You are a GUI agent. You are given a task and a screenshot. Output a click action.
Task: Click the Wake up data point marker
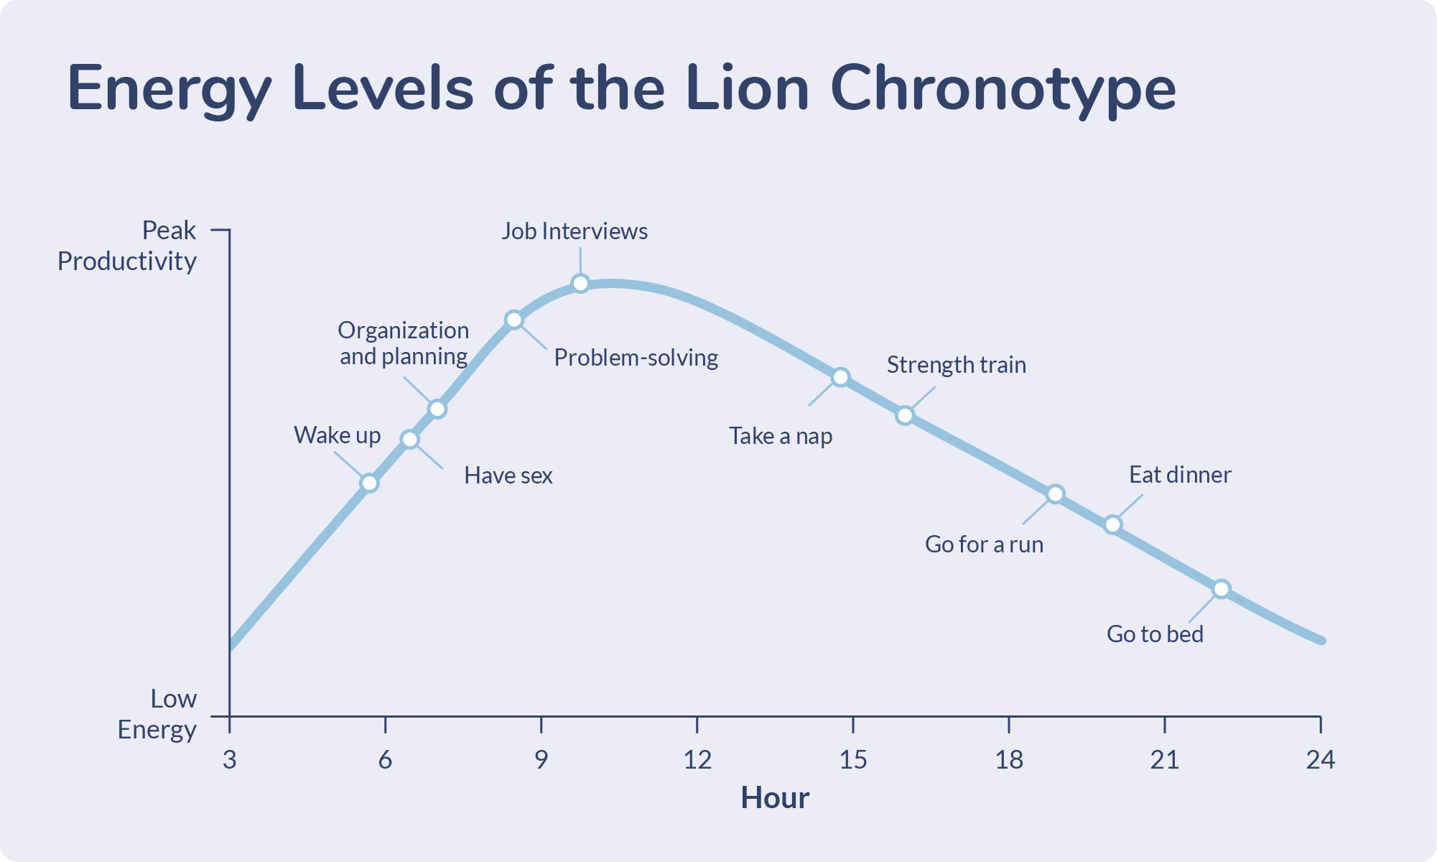tap(369, 483)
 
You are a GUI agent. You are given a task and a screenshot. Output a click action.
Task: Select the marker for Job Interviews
tap(580, 283)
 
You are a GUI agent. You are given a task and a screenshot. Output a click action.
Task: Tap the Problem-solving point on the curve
tap(513, 320)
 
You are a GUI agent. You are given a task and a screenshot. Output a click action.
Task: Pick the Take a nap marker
tap(840, 377)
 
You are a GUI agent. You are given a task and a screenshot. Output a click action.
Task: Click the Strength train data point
tap(905, 415)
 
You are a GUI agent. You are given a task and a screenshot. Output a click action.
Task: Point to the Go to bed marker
tap(1221, 589)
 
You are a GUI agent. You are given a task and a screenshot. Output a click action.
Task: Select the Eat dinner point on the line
tap(1112, 524)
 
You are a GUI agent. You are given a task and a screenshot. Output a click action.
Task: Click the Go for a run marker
tap(1055, 494)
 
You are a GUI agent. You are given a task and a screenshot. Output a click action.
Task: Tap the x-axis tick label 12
tap(697, 759)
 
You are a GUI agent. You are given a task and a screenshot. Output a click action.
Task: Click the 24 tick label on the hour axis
tap(1320, 759)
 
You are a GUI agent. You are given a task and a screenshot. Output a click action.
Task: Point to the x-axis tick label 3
tap(229, 759)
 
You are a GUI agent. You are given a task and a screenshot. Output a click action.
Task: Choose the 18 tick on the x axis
tap(1008, 759)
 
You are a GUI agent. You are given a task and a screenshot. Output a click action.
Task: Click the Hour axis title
tap(774, 797)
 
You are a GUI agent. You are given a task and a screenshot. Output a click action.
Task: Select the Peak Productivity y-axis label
tap(127, 246)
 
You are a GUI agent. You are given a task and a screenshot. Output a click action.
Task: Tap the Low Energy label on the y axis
tap(157, 714)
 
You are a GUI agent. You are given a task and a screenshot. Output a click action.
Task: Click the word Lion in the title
tap(747, 88)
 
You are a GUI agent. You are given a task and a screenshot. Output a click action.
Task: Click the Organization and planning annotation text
tap(404, 343)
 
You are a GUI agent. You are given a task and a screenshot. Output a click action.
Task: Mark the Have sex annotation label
tap(508, 476)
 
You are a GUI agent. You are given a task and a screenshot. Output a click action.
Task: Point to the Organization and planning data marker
tap(437, 409)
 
